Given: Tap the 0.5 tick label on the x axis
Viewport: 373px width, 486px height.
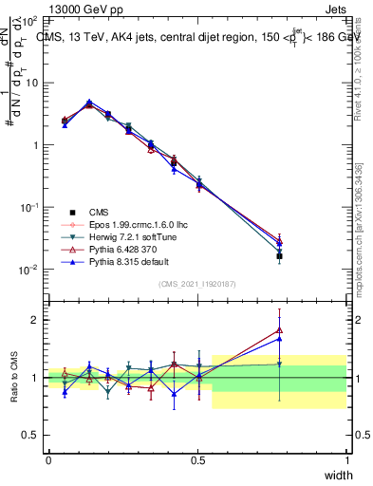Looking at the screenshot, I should click(x=197, y=459).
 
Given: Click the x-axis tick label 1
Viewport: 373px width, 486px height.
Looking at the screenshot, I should click(x=347, y=459).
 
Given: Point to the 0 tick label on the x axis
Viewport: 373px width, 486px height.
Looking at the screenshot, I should click(x=48, y=459).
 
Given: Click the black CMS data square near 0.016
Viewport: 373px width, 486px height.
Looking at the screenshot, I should click(x=279, y=256).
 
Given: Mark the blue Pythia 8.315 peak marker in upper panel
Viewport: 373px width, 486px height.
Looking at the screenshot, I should click(x=89, y=103).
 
